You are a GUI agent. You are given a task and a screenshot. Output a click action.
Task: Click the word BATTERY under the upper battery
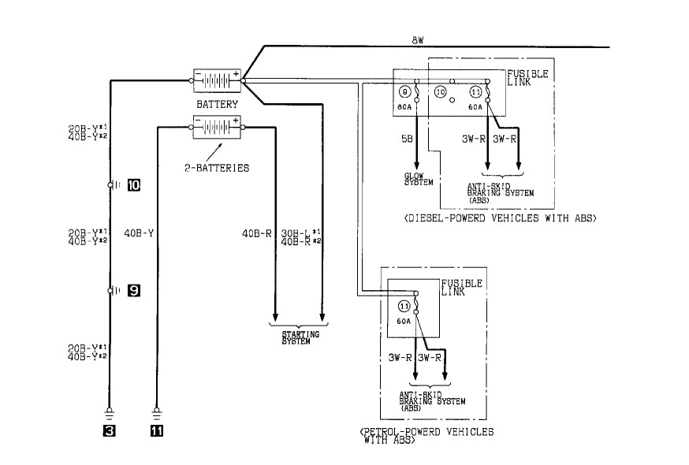click(217, 103)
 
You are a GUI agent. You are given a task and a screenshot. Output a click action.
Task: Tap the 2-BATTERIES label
click(222, 167)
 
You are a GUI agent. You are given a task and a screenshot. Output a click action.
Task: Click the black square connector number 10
click(133, 185)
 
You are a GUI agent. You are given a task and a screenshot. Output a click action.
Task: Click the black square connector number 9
click(133, 291)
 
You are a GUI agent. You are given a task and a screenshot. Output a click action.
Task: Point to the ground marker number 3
click(110, 431)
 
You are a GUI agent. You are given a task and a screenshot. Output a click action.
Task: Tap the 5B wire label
click(407, 139)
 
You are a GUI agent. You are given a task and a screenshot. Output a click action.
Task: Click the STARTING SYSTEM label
click(300, 337)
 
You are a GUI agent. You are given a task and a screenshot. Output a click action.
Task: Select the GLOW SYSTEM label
click(418, 179)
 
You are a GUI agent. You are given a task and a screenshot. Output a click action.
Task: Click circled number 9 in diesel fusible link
click(405, 92)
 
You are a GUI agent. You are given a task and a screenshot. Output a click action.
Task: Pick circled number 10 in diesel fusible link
click(441, 92)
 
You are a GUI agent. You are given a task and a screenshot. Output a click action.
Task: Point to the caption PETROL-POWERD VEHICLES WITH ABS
click(426, 436)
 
